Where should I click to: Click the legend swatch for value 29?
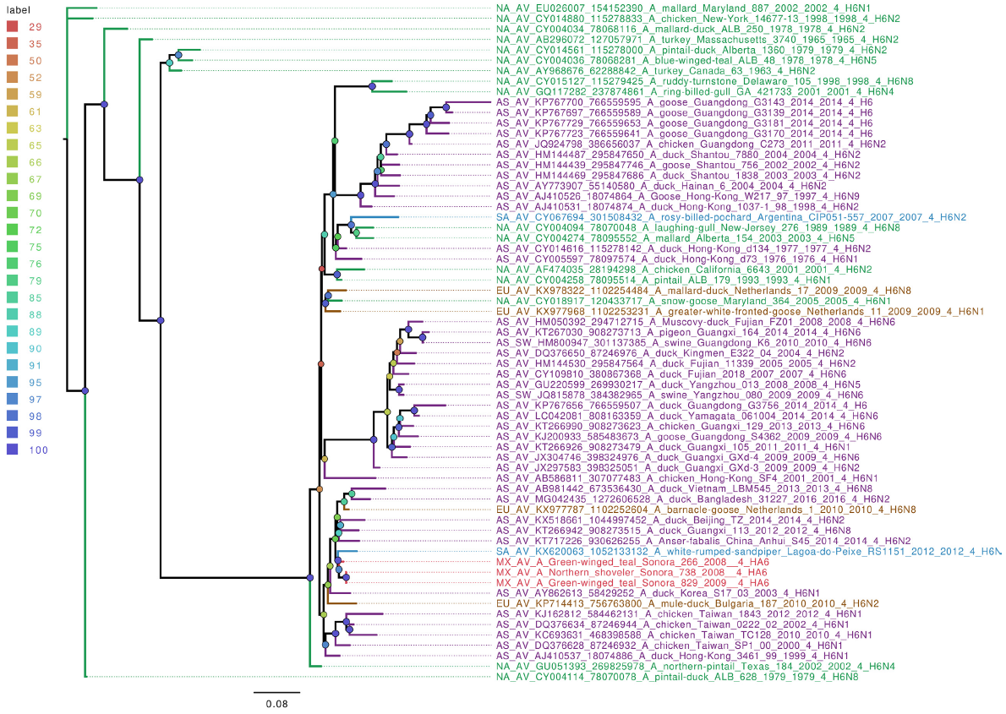pyautogui.click(x=12, y=27)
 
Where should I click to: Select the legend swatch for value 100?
pyautogui.click(x=12, y=450)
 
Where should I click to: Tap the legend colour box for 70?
pyautogui.click(x=12, y=213)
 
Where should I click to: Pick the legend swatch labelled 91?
pyautogui.click(x=12, y=365)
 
